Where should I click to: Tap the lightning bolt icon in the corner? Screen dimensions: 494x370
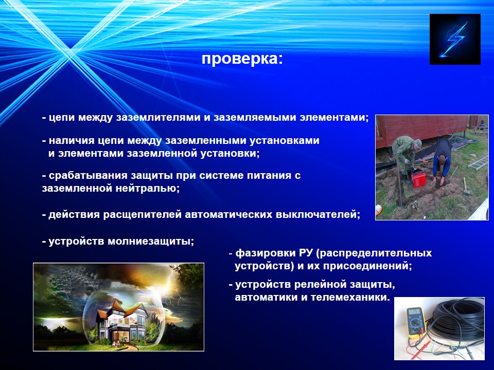point(455,40)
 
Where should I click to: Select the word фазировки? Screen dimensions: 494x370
point(265,253)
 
